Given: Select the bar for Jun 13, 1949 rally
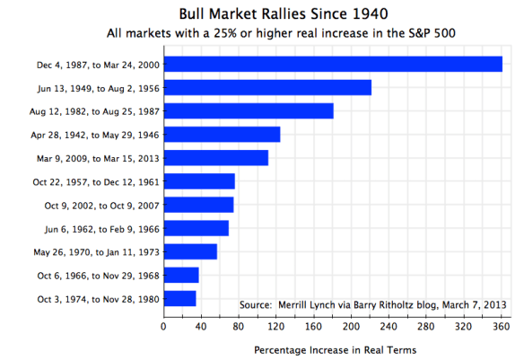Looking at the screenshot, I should tap(267, 87).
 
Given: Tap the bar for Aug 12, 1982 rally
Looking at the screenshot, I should tap(249, 110).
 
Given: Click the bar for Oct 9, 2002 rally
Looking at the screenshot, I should tap(198, 205).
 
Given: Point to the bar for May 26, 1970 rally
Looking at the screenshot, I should tap(190, 251).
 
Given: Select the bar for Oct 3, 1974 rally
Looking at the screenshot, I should tap(179, 298).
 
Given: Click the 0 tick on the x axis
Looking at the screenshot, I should tap(163, 326).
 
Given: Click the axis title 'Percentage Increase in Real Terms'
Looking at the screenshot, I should tap(335, 348).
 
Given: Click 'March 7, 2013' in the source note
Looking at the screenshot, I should tap(474, 305).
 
